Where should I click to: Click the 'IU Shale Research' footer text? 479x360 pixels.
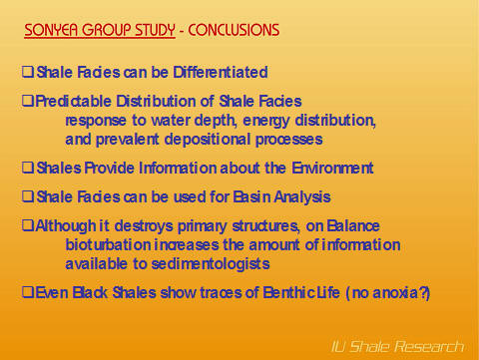397,346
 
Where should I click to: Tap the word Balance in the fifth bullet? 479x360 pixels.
350,226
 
